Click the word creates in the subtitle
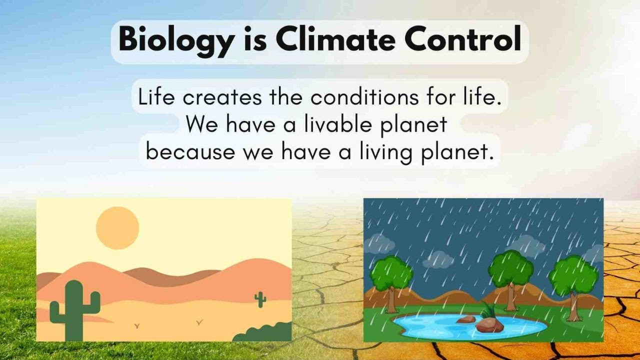point(221,97)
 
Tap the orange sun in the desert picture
point(117,228)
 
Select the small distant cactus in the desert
point(260,299)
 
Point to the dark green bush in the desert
point(265,333)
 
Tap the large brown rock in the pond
point(489,325)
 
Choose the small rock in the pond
point(465,319)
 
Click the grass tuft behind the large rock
point(487,311)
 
